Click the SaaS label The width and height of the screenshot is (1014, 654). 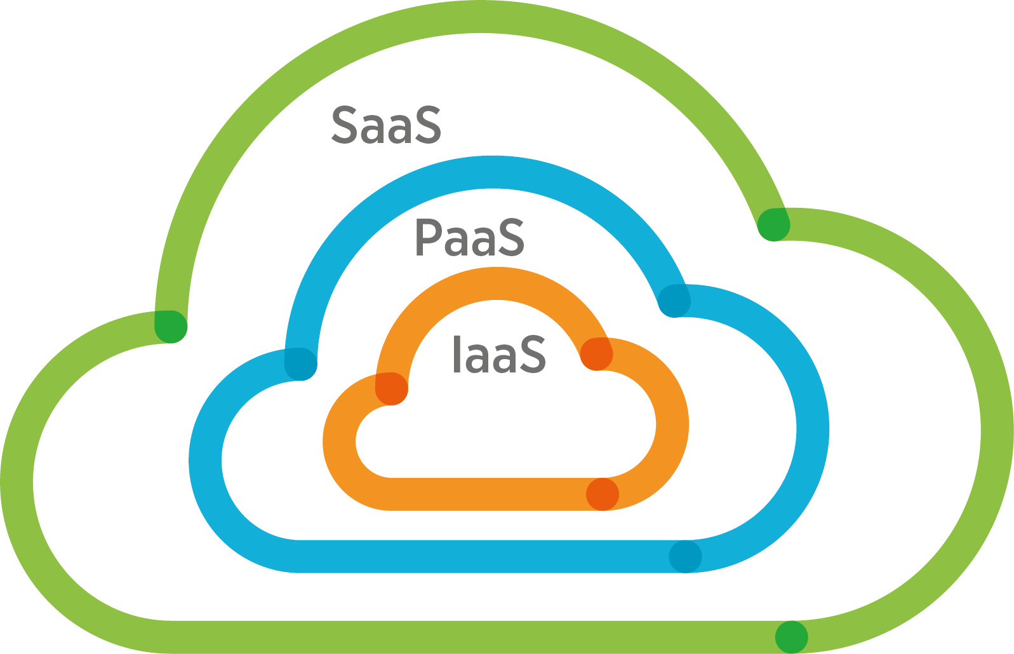(386, 125)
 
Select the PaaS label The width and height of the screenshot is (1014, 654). (470, 238)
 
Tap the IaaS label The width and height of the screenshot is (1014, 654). (499, 355)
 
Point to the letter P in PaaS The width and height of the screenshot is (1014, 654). (428, 238)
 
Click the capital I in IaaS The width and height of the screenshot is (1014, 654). (457, 355)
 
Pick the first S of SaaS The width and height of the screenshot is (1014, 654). (343, 125)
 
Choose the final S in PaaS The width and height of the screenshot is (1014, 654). (512, 238)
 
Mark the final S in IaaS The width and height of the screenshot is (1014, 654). (533, 355)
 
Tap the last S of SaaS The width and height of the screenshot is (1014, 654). (427, 125)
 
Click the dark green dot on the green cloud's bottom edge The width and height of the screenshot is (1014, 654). (791, 637)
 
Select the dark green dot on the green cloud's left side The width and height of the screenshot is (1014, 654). (171, 327)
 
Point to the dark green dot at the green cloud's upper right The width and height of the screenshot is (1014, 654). (773, 224)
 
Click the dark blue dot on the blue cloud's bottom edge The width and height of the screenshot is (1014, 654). (685, 557)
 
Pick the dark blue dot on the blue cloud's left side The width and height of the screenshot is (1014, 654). (300, 364)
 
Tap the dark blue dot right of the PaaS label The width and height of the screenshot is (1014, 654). (674, 300)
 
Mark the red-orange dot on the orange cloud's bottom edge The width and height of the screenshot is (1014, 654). (602, 494)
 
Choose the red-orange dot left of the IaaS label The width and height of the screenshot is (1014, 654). (391, 388)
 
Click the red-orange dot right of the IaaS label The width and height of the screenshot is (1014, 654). (596, 354)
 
